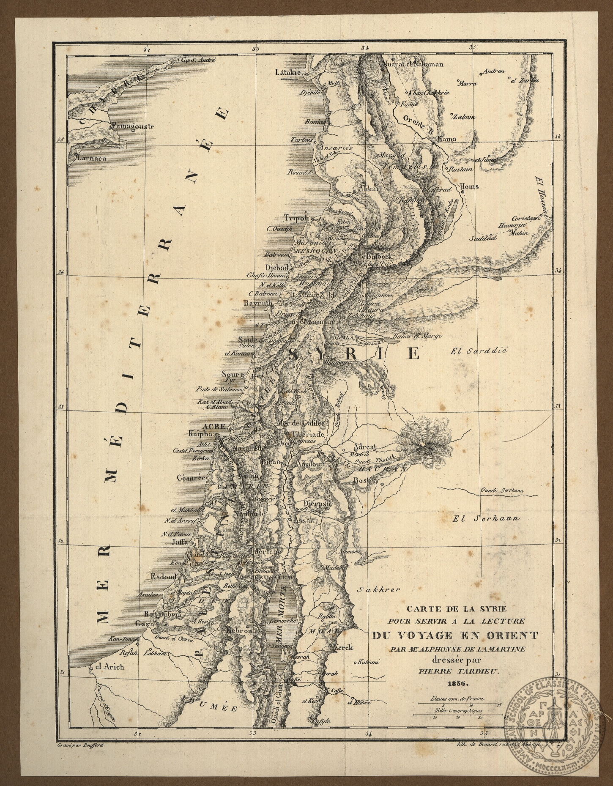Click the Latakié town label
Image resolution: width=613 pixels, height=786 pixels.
[287, 72]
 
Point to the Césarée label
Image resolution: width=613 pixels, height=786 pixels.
[191, 477]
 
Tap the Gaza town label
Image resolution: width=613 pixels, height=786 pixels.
[144, 623]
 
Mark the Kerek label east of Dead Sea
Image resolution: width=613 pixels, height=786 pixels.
[343, 647]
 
